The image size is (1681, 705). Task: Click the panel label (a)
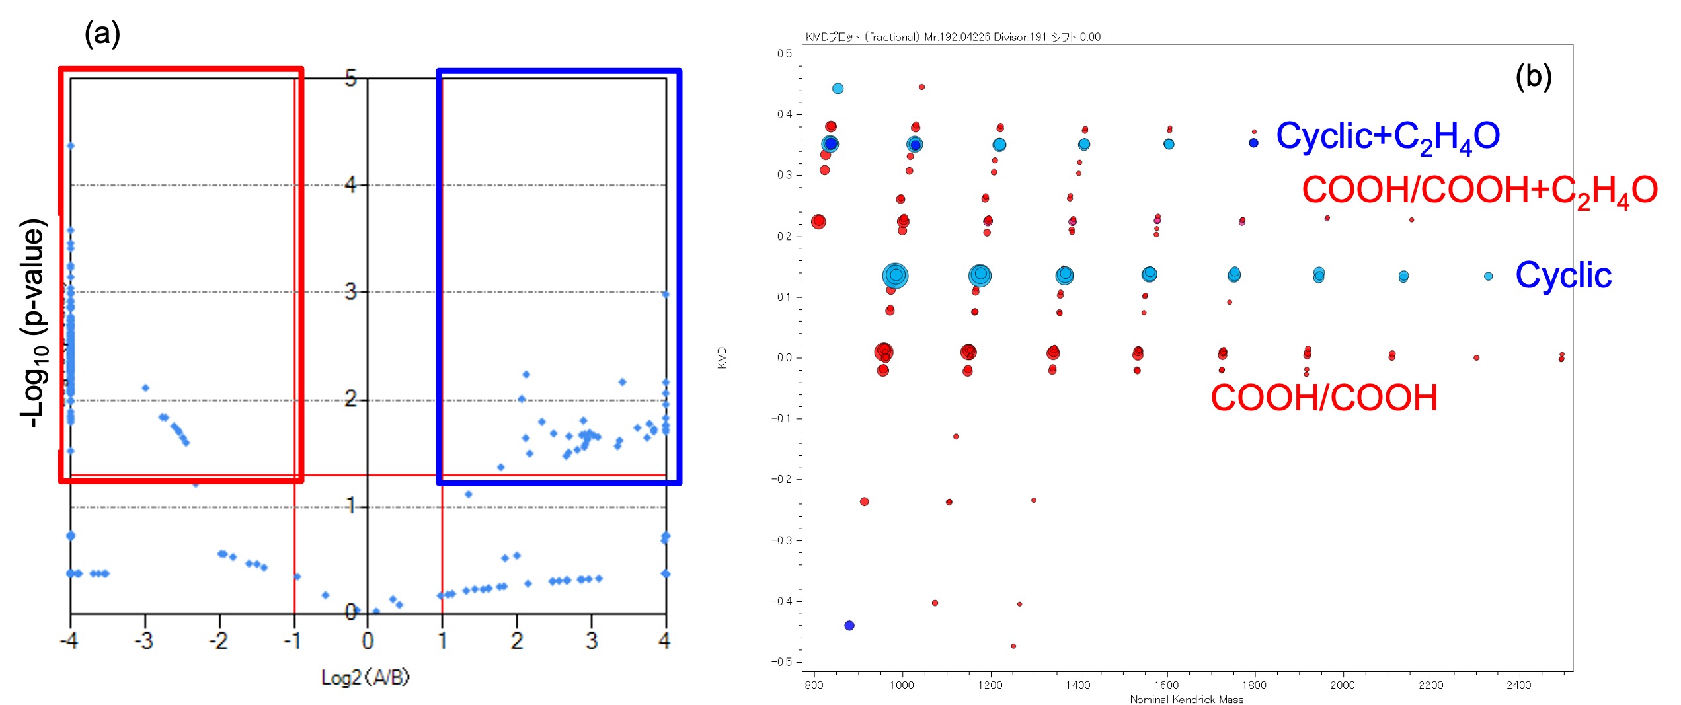pyautogui.click(x=102, y=33)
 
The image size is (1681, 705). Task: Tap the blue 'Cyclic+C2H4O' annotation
pyautogui.click(x=1387, y=137)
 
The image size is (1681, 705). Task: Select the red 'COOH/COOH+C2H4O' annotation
pyautogui.click(x=1479, y=190)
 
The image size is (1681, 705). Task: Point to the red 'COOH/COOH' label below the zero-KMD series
pyautogui.click(x=1323, y=398)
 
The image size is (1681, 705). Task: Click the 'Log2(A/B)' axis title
pyautogui.click(x=365, y=677)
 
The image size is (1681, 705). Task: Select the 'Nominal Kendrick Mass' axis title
pyautogui.click(x=1187, y=699)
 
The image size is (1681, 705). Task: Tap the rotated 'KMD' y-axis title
pyautogui.click(x=722, y=357)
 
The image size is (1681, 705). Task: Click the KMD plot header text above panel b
pyautogui.click(x=953, y=37)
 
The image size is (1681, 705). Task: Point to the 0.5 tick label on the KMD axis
pyautogui.click(x=785, y=54)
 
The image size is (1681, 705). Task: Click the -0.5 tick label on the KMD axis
pyautogui.click(x=783, y=662)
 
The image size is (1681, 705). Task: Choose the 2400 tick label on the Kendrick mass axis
pyautogui.click(x=1518, y=685)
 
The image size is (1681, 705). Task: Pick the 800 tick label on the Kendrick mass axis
pyautogui.click(x=814, y=685)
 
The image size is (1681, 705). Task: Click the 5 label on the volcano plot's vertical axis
pyautogui.click(x=351, y=79)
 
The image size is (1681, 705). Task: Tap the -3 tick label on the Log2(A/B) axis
pyautogui.click(x=143, y=640)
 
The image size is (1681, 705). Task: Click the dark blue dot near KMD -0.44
pyautogui.click(x=849, y=626)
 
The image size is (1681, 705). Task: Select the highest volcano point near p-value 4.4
pyautogui.click(x=71, y=146)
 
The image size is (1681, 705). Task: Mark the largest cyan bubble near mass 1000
pyautogui.click(x=895, y=275)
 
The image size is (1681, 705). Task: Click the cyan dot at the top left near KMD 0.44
pyautogui.click(x=838, y=89)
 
